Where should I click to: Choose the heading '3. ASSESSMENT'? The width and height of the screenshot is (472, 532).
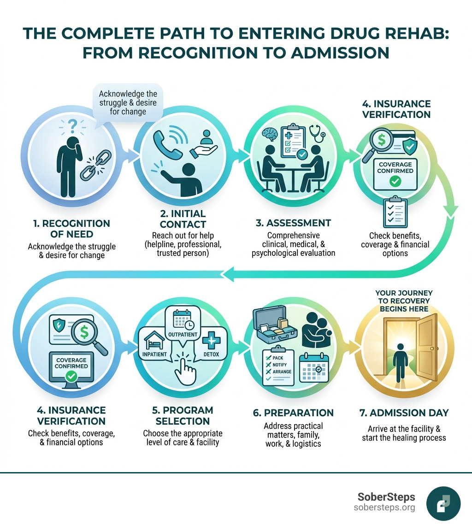[294, 223]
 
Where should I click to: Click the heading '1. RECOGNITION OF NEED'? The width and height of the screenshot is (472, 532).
[71, 229]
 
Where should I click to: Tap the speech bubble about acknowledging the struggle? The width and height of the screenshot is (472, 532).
[128, 102]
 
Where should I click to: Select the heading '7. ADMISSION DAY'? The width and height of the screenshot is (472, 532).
[404, 413]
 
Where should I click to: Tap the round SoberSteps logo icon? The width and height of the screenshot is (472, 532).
[443, 504]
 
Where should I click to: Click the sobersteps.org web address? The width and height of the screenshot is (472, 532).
[384, 508]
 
